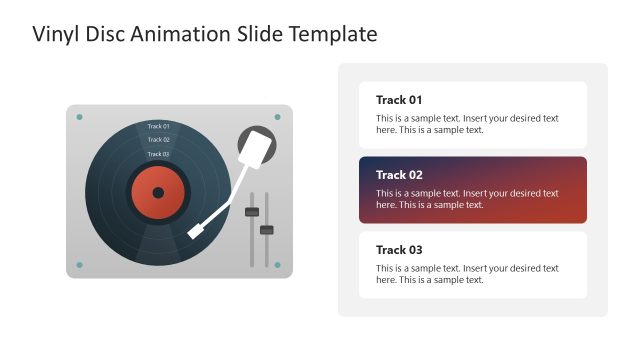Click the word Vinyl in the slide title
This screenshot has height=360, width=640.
(55, 34)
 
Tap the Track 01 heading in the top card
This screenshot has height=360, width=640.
(399, 100)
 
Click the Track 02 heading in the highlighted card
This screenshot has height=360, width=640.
(399, 175)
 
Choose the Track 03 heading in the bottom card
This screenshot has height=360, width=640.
(399, 250)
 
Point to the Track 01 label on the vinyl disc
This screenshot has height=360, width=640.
(158, 126)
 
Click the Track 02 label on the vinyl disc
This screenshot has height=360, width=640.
(158, 140)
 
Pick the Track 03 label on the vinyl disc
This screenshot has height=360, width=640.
(158, 154)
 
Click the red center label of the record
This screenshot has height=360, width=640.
(146, 191)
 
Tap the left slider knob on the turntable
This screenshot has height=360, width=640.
(252, 211)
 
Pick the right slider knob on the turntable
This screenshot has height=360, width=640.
(267, 230)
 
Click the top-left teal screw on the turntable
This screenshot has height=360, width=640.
(80, 117)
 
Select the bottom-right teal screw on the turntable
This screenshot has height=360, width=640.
(278, 265)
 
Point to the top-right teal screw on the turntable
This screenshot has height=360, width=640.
(278, 117)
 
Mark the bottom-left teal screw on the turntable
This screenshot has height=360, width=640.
(80, 265)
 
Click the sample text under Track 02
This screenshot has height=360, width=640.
(466, 198)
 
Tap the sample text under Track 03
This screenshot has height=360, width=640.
(466, 274)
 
